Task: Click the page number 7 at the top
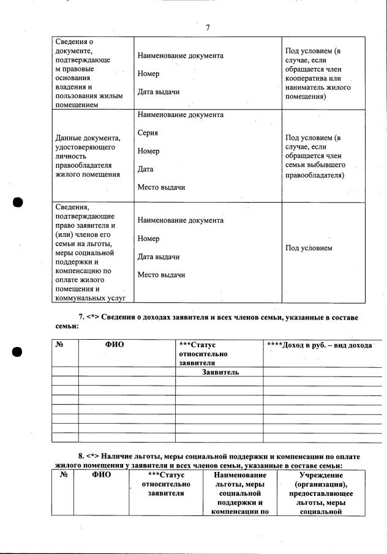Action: coord(208,28)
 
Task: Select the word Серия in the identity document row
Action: coord(148,133)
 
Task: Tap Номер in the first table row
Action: coord(148,74)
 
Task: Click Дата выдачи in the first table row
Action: coord(158,92)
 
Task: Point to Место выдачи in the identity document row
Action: coord(161,187)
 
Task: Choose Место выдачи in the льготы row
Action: coord(161,275)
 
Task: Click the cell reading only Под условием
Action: coord(309,248)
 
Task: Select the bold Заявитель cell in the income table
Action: coord(220,372)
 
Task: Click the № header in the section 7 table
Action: coord(60,345)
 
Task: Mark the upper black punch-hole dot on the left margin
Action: coord(17,203)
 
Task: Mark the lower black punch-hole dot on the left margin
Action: coord(17,352)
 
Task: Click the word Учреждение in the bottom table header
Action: coord(320,475)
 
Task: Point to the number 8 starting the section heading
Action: coord(80,456)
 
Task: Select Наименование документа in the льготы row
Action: coord(180,220)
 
